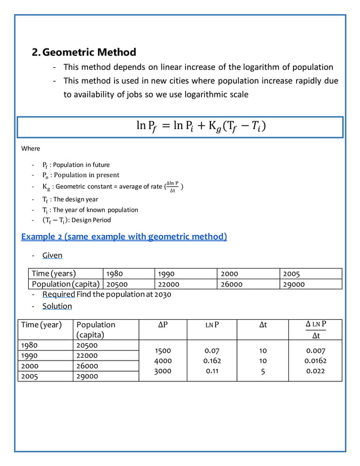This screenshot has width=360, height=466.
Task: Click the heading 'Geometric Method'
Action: pos(89,52)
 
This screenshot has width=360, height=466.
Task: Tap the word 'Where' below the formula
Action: pos(30,148)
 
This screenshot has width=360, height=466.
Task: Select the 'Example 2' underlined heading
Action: pos(124,236)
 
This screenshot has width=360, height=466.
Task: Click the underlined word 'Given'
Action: pos(52,256)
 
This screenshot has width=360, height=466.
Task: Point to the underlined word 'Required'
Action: pos(59,294)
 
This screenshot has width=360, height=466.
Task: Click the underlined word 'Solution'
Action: pos(57,306)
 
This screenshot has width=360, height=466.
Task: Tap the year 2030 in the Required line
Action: pos(161,294)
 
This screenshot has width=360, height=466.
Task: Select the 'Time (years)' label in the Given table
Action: pos(54,274)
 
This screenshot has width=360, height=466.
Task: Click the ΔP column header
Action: pos(163,325)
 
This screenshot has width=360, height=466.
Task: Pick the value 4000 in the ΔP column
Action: pos(163,361)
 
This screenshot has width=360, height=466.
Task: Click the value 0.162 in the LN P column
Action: pos(212,361)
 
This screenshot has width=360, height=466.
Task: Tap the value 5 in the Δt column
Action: pos(262,371)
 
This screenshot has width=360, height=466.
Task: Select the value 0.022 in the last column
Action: pos(315,371)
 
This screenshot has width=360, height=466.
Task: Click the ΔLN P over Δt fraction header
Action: pos(315,329)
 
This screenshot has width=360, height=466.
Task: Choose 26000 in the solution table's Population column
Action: pos(87,366)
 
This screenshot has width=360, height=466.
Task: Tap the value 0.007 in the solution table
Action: pos(315,350)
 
